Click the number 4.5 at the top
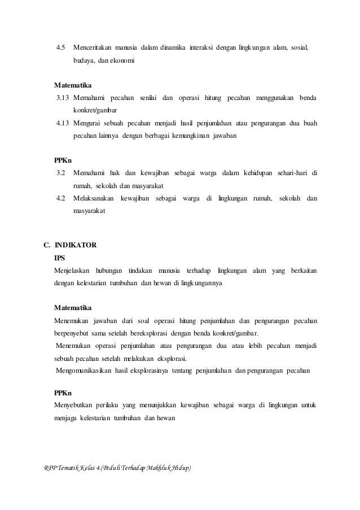61,45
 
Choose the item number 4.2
61,198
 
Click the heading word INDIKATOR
75,245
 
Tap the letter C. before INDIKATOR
47,245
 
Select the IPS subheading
59,258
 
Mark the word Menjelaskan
72,271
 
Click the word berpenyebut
72,333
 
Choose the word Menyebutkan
73,405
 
